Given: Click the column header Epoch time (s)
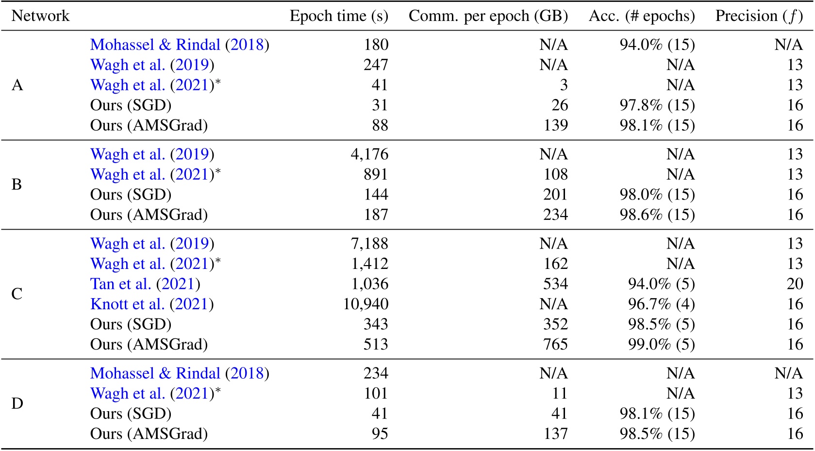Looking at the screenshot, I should click(339, 16).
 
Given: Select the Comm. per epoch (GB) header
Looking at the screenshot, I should click(488, 16).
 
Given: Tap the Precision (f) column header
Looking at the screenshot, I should click(759, 16).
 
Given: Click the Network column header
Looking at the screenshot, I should click(40, 16).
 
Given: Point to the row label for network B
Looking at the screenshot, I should click(17, 184).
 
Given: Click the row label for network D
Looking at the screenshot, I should click(17, 403).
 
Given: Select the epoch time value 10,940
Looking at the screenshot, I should click(366, 304).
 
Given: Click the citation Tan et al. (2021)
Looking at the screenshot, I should click(145, 284).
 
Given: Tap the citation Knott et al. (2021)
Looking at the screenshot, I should click(152, 304).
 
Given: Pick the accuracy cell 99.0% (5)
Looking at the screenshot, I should click(661, 344).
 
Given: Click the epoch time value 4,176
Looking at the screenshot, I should click(369, 154).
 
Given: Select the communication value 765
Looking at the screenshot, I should click(555, 344).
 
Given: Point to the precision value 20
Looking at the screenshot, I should click(795, 284).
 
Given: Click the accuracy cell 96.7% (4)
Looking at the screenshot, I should click(661, 304).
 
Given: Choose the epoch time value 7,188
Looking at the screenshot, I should click(369, 243).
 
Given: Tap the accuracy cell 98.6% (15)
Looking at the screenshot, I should click(657, 215).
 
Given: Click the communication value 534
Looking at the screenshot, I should click(555, 284).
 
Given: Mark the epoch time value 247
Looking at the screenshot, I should click(376, 65).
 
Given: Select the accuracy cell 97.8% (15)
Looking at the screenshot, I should click(657, 105).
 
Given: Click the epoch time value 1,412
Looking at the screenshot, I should click(369, 264).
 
